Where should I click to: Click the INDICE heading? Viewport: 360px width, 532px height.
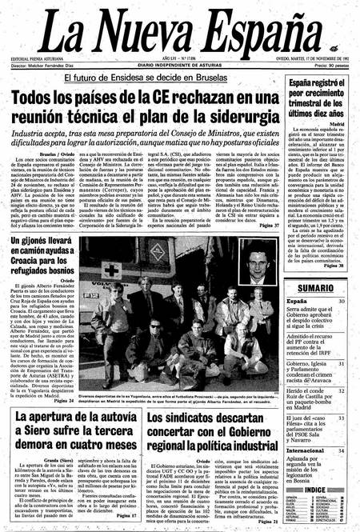(x=314, y=489)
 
